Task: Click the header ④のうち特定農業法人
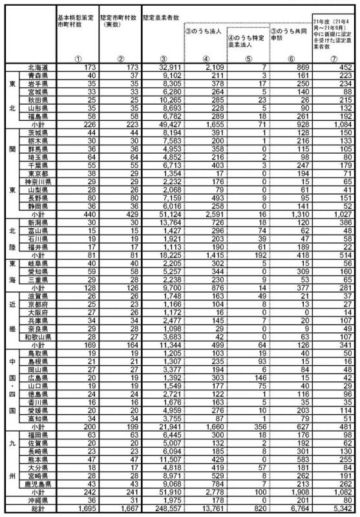point(245,43)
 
